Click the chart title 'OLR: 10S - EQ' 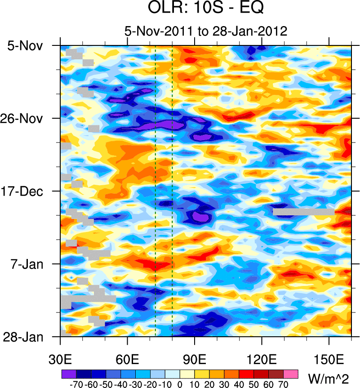coord(205,9)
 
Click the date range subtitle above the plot coord(205,31)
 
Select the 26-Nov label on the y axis coord(26,119)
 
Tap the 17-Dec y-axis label coord(26,192)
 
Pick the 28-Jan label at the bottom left coord(26,337)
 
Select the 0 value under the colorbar coord(179,385)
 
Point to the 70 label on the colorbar coord(283,385)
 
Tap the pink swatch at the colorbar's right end coord(291,374)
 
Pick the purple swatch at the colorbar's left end coord(68,374)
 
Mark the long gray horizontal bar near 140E coord(303,211)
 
